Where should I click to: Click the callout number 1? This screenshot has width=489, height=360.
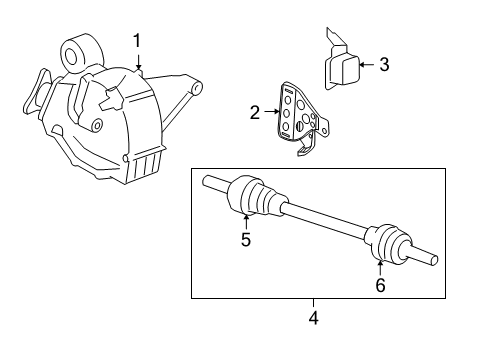pos(137,40)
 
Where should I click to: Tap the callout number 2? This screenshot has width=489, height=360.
pos(255,114)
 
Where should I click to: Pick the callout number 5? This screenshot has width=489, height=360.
pos(244,239)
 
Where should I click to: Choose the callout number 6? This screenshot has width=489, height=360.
pos(380,285)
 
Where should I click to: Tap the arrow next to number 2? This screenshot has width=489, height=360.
pos(272,114)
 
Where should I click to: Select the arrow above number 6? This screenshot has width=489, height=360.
pos(380,267)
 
